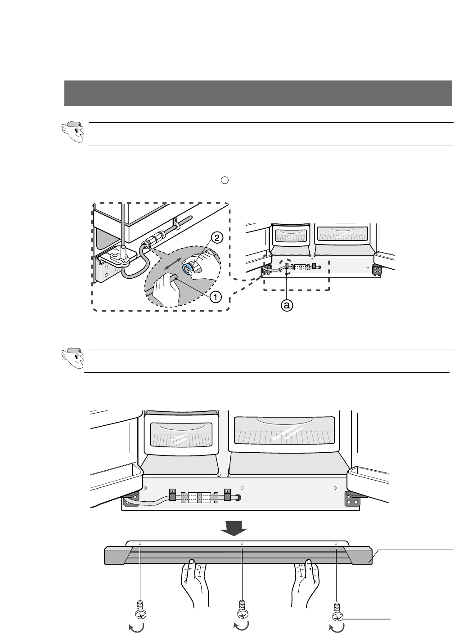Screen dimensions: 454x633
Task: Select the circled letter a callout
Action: point(286,305)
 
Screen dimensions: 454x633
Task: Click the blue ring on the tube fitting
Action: point(187,268)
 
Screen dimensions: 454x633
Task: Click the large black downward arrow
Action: point(233,527)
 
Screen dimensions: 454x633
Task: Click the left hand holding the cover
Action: point(194,584)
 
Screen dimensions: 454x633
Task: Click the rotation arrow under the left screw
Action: point(136,627)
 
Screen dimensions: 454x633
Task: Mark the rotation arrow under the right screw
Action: point(337,628)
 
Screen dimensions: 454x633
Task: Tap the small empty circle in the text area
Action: point(225,180)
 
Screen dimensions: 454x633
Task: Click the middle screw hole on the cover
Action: point(242,544)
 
